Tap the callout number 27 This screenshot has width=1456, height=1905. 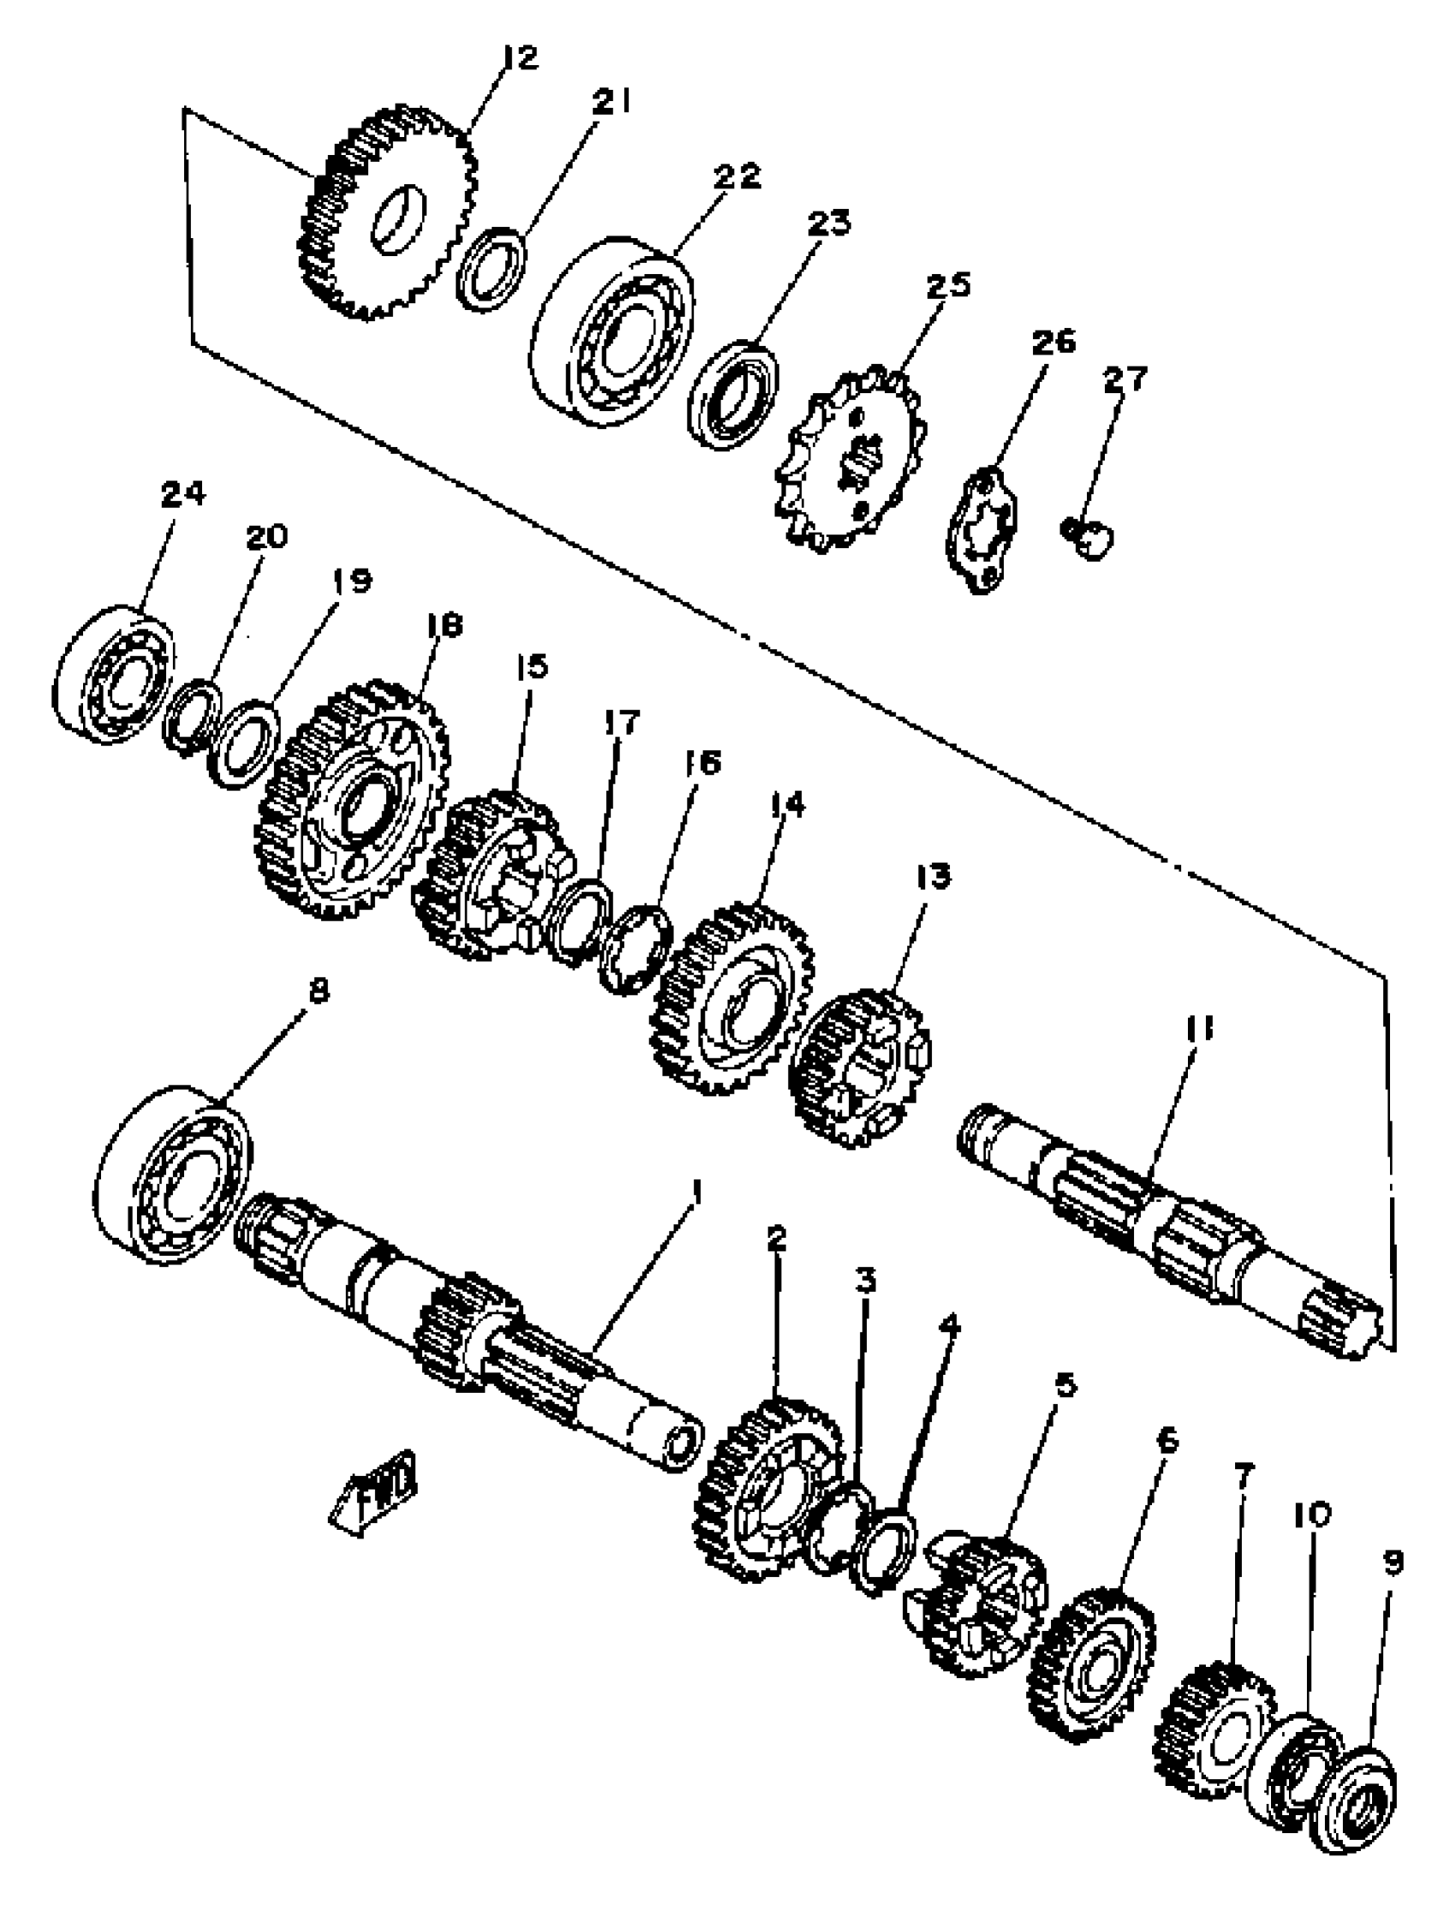(1124, 379)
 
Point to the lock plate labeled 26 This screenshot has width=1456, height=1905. (982, 529)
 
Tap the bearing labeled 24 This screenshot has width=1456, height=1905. (113, 674)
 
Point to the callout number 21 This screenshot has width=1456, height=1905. (612, 101)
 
